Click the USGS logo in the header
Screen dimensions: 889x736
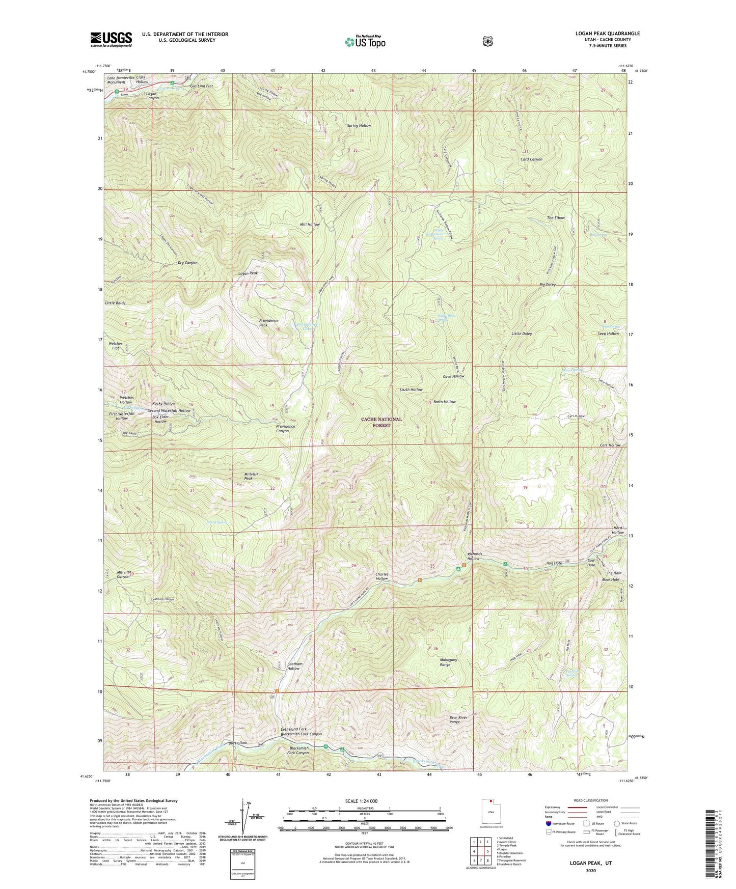click(111, 39)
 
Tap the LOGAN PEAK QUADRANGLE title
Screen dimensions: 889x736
click(605, 34)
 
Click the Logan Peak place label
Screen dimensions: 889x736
click(248, 273)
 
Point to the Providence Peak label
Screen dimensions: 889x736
click(268, 323)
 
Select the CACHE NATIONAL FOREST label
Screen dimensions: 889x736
click(381, 422)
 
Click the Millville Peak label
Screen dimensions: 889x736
click(251, 476)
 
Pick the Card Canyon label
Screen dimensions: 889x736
click(531, 159)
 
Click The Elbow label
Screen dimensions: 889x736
click(556, 218)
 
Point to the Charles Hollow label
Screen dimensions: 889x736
click(382, 576)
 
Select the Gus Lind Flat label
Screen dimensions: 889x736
click(201, 86)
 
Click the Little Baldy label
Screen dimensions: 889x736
click(115, 303)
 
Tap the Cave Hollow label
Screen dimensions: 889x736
click(453, 376)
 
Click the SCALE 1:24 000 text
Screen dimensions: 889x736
click(361, 801)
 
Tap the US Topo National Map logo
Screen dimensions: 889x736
click(364, 41)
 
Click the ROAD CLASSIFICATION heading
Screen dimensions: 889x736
click(590, 800)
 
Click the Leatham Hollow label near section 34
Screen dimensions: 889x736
click(294, 666)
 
